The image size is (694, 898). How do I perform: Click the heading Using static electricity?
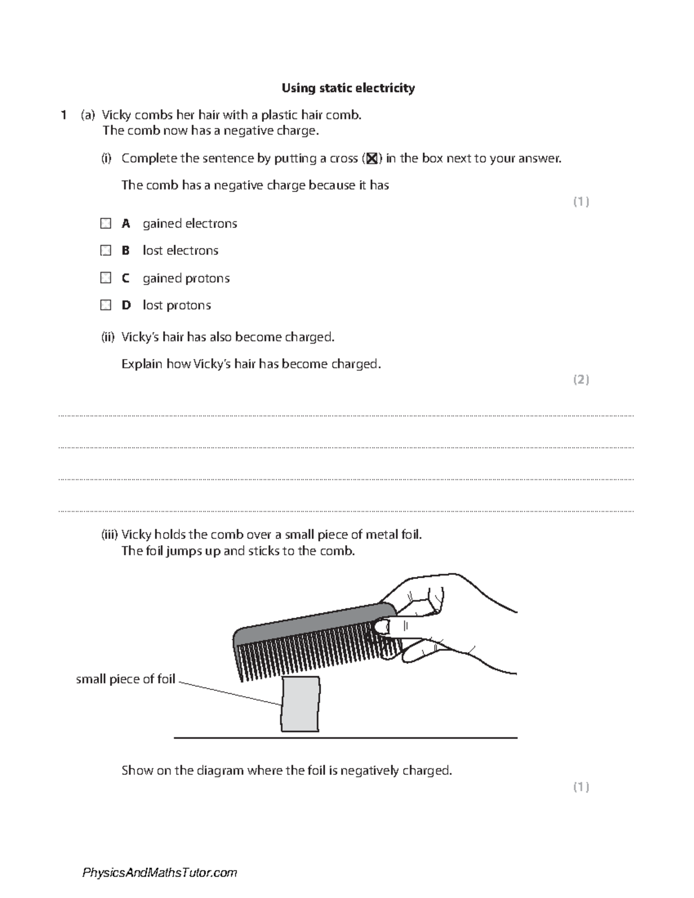click(x=348, y=88)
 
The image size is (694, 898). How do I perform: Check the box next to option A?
click(x=105, y=223)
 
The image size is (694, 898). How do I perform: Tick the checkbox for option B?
click(x=105, y=250)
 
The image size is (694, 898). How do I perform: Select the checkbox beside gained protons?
click(x=105, y=278)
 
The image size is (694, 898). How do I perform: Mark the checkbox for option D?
click(x=105, y=305)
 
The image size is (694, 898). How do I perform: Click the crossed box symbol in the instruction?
click(x=372, y=158)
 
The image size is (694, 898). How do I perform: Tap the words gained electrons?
click(x=190, y=223)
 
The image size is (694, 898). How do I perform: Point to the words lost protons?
click(x=176, y=305)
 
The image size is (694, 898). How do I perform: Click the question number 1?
click(x=64, y=115)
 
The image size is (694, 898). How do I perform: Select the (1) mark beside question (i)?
click(x=581, y=201)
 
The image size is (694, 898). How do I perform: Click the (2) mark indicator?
click(x=581, y=379)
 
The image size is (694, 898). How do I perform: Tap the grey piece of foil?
click(x=301, y=704)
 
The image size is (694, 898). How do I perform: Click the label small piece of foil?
click(x=125, y=679)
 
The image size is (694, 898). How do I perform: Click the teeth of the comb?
click(x=312, y=659)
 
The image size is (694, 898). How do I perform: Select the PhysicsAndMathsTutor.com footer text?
click(x=160, y=873)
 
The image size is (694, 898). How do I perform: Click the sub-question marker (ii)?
click(x=108, y=337)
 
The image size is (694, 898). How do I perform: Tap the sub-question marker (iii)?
click(x=109, y=535)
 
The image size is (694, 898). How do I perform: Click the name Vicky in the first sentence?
click(x=116, y=115)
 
